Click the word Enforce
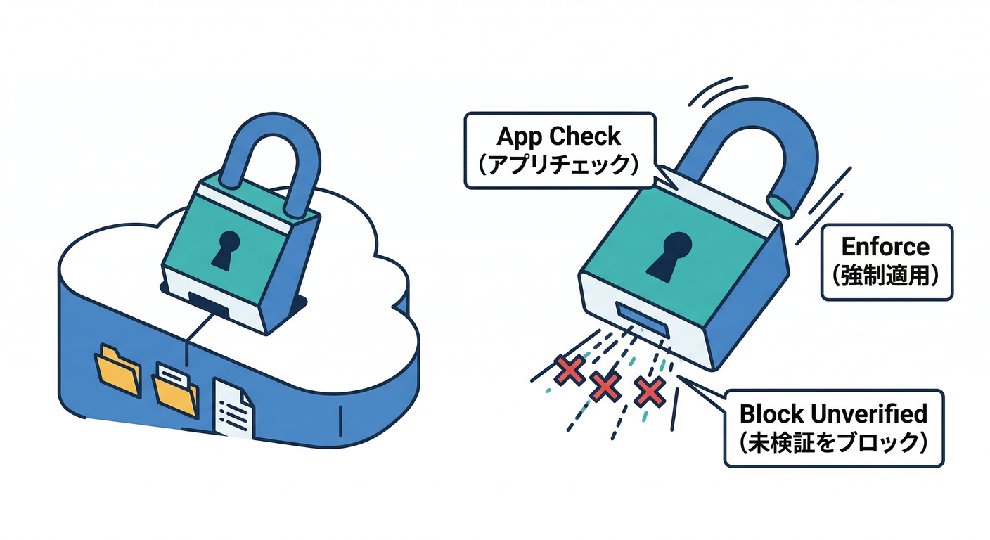tap(885, 247)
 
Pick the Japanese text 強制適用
tap(886, 275)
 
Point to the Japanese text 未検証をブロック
tap(833, 443)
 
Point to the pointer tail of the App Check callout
tap(664, 176)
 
